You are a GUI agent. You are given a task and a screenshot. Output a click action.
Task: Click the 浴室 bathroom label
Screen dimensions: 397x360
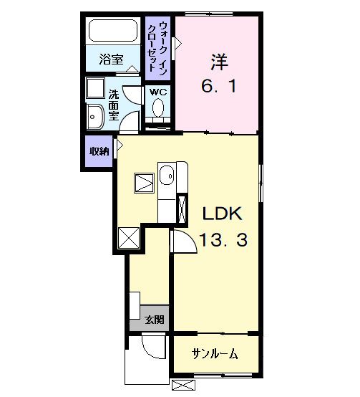tap(110, 60)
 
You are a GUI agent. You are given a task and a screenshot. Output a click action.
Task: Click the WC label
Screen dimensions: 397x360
tap(158, 92)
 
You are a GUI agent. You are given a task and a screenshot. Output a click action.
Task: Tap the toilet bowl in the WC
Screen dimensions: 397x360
tap(158, 107)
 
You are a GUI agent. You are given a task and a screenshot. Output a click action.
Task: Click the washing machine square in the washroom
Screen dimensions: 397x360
tap(94, 90)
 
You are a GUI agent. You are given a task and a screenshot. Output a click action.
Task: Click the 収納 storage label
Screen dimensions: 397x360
tap(99, 151)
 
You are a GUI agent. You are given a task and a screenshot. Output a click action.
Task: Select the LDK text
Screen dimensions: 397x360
tap(223, 214)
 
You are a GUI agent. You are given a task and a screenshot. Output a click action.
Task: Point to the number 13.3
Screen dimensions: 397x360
tap(223, 241)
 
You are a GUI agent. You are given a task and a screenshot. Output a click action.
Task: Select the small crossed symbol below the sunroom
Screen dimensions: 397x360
tap(183, 386)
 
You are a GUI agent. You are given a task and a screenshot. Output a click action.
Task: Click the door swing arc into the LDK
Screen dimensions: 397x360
tap(183, 240)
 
